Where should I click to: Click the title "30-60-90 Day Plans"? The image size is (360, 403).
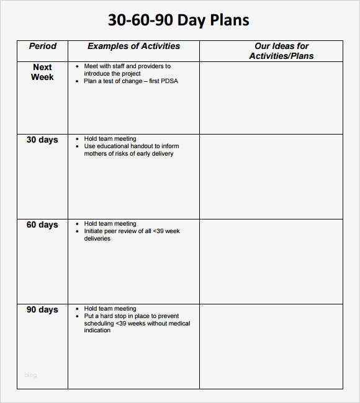click(179, 20)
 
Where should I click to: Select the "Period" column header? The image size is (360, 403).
click(42, 46)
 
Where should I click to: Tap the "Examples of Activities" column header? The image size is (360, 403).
click(133, 46)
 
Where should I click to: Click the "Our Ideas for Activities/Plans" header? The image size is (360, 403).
click(281, 51)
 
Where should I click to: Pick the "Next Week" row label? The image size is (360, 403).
click(42, 72)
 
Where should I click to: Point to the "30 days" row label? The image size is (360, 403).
click(42, 140)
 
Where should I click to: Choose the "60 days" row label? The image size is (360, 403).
click(42, 225)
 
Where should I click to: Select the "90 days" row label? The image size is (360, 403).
click(42, 310)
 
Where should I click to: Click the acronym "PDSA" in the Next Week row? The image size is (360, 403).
click(169, 81)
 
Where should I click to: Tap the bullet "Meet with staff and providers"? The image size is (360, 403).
click(127, 66)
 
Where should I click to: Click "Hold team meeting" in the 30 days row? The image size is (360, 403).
click(110, 139)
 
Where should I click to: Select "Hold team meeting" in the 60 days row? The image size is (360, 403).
click(110, 224)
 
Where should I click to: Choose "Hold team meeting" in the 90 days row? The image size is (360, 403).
click(110, 309)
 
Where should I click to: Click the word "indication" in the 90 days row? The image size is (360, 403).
click(97, 330)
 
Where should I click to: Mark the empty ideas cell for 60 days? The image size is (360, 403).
click(271, 261)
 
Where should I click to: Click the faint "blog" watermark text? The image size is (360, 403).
click(30, 375)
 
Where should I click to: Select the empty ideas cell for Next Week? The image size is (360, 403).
click(271, 97)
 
